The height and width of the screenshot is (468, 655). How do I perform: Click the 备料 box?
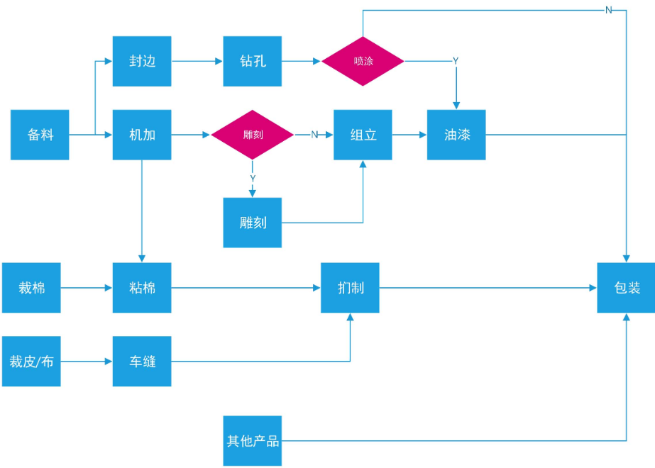tap(40, 135)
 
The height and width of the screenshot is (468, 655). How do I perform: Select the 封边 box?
tap(142, 62)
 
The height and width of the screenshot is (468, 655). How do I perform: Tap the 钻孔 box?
tap(253, 62)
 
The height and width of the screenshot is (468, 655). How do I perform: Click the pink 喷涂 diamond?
tap(363, 62)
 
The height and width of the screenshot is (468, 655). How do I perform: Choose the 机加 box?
tap(142, 135)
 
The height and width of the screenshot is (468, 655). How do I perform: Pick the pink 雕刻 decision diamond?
tap(253, 135)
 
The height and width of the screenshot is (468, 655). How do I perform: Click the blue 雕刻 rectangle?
tap(253, 223)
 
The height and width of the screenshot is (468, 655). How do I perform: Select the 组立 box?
tap(363, 135)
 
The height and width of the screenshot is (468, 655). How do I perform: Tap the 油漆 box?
tap(456, 135)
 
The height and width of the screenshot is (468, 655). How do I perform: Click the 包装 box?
tap(626, 288)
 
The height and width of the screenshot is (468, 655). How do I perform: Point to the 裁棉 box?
tap(31, 288)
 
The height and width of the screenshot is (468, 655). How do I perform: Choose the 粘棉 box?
tap(142, 288)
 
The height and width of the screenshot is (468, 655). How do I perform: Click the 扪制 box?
tap(350, 288)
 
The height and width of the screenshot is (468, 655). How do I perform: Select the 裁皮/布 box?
tap(31, 361)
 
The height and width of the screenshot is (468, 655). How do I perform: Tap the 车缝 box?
tap(142, 361)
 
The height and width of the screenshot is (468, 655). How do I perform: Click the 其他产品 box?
tap(253, 441)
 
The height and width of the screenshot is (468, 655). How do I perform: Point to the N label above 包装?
tap(609, 11)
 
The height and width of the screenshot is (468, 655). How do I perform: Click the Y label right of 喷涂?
tap(456, 62)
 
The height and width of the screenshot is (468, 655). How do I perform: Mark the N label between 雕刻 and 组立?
tap(314, 135)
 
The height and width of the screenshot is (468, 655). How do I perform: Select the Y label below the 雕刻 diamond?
tap(253, 179)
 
